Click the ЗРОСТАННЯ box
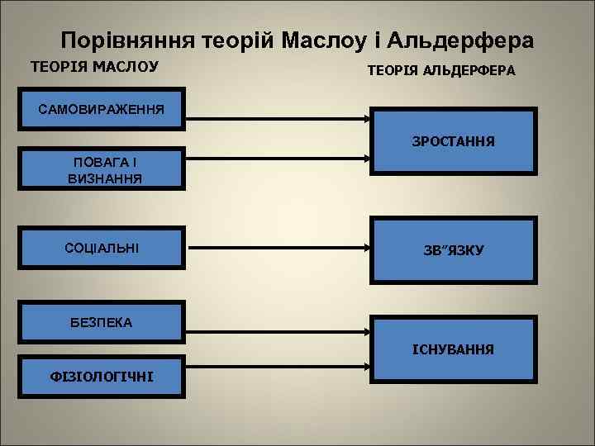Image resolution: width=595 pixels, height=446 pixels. pyautogui.click(x=453, y=142)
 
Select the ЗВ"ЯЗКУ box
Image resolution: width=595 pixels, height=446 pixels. pyautogui.click(x=453, y=249)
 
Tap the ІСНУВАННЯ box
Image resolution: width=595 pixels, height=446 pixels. pyautogui.click(x=453, y=350)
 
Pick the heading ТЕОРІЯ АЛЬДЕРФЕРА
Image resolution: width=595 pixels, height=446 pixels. pyautogui.click(x=440, y=71)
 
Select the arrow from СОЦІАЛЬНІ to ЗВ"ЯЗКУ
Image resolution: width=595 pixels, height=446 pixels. pyautogui.click(x=277, y=246)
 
